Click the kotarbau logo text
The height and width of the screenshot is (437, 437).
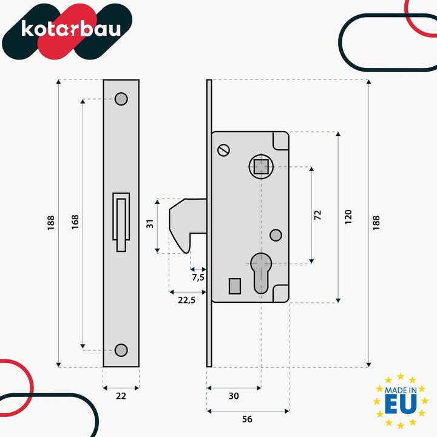point(71,29)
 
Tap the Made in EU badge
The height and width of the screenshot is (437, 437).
point(401,401)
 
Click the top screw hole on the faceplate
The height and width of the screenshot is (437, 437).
point(121,99)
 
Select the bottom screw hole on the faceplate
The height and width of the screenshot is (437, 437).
point(121,350)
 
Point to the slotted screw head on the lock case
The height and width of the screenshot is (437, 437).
point(223,151)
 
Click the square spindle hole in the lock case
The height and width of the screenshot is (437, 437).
point(261,167)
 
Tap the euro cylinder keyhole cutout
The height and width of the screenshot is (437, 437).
point(261,273)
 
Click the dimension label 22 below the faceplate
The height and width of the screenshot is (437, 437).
point(121,396)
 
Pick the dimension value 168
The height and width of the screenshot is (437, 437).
point(75,222)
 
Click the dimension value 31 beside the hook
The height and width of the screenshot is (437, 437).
point(150,224)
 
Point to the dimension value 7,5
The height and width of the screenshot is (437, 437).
point(198,277)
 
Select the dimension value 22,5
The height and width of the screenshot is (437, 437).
point(187,300)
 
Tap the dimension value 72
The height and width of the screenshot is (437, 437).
point(317,215)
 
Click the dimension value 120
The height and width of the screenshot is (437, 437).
point(348,217)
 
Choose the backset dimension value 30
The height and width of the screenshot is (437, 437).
point(234,396)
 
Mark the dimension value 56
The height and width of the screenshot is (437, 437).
point(247,419)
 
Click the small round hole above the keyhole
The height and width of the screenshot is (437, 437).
point(276,235)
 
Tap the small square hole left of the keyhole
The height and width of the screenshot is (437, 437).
point(235,286)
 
